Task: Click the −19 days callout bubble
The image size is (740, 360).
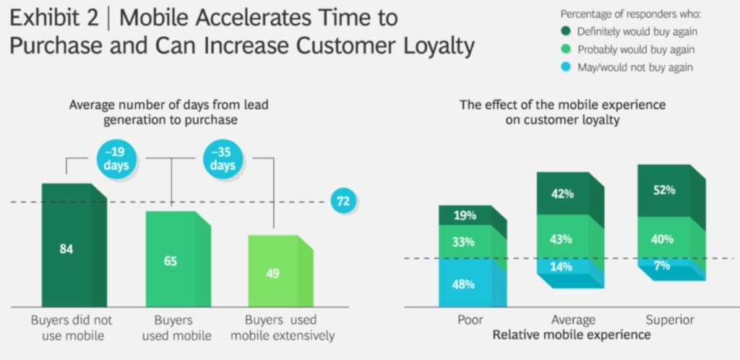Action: pyautogui.click(x=116, y=159)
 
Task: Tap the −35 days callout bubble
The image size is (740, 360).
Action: pyautogui.click(x=223, y=159)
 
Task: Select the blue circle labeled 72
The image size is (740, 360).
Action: pyautogui.click(x=343, y=202)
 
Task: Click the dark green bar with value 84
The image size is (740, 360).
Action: pyautogui.click(x=74, y=245)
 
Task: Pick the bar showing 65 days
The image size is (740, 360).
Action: pyautogui.click(x=178, y=259)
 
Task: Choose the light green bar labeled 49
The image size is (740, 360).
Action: pyautogui.click(x=281, y=271)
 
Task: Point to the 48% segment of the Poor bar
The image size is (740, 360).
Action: pyautogui.click(x=473, y=283)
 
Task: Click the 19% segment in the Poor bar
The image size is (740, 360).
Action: pyautogui.click(x=473, y=216)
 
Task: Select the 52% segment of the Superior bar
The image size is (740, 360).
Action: pyautogui.click(x=671, y=191)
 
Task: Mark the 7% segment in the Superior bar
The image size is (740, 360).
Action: pyautogui.click(x=671, y=268)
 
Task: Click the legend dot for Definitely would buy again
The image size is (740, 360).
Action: pyautogui.click(x=567, y=32)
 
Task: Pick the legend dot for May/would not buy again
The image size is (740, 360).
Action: pyautogui.click(x=567, y=67)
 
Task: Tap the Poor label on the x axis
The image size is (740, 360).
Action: pyautogui.click(x=470, y=320)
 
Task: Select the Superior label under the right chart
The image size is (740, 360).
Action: pyautogui.click(x=670, y=320)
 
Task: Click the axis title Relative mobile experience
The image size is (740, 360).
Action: pyautogui.click(x=572, y=335)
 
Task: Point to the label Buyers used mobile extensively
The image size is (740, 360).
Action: pyautogui.click(x=283, y=328)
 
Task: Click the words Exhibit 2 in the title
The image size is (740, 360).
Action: pyautogui.click(x=54, y=18)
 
